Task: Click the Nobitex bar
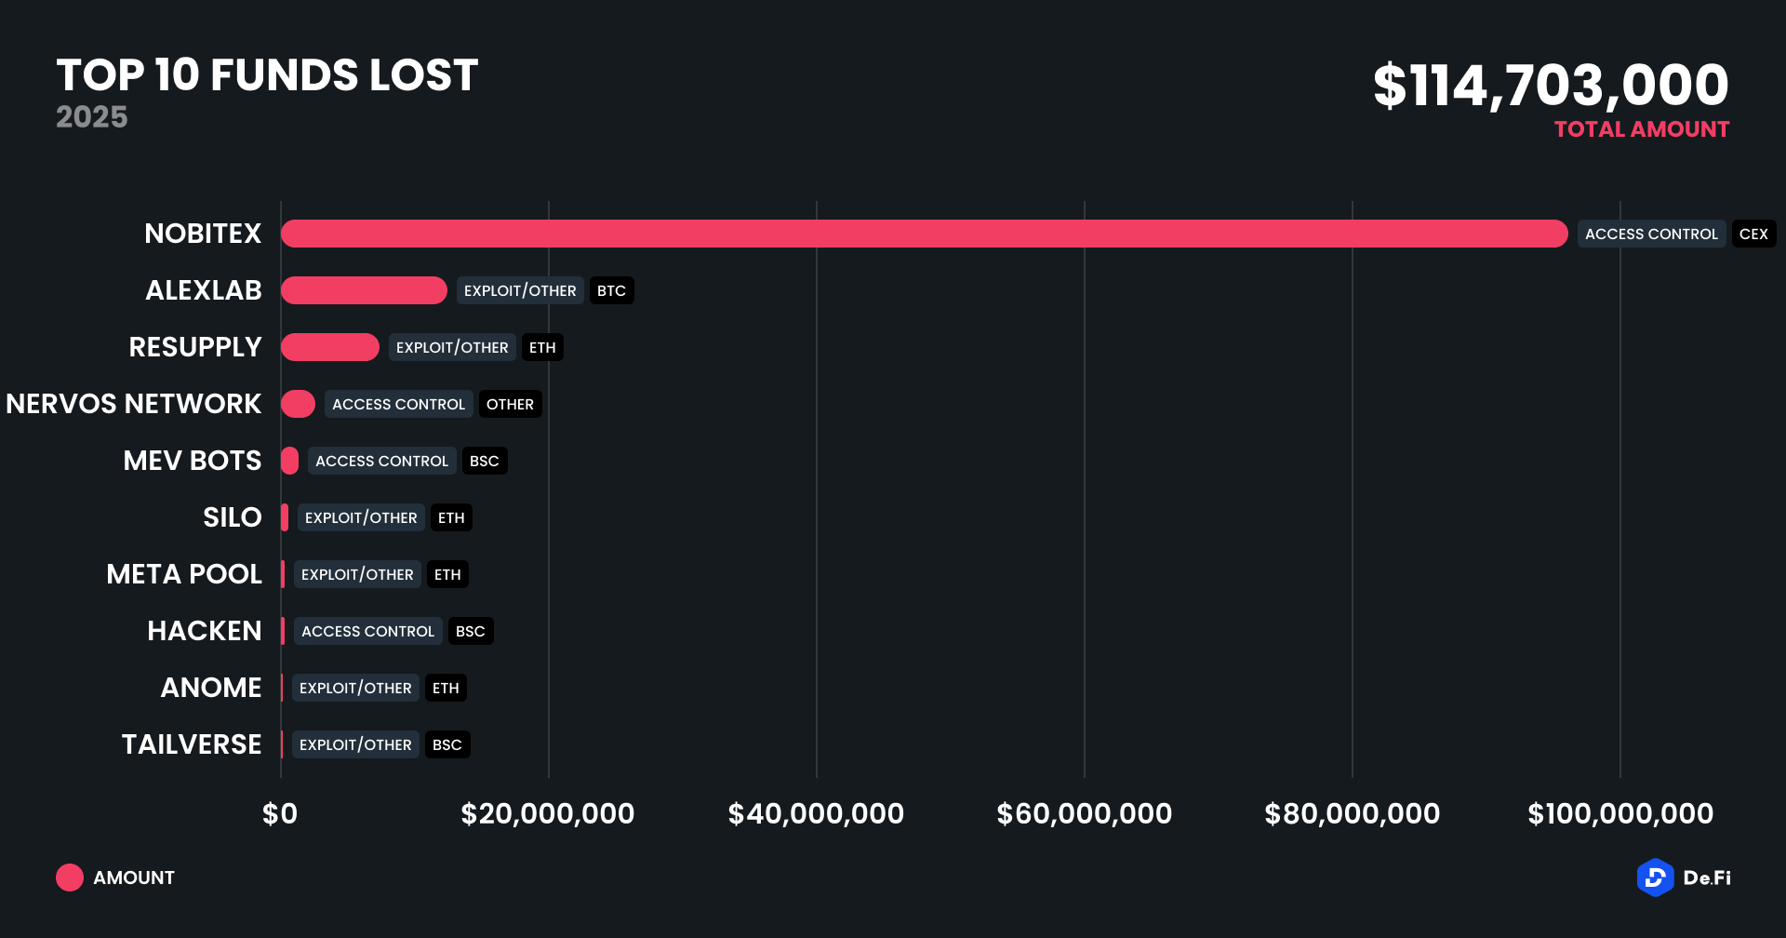tap(924, 234)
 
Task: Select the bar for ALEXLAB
tap(364, 290)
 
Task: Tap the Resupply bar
tap(329, 347)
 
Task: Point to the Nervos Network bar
tap(298, 404)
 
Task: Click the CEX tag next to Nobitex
tap(1753, 234)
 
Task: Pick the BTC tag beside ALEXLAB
tap(611, 290)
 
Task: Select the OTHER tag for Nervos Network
tap(510, 404)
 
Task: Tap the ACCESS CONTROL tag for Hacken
tap(367, 631)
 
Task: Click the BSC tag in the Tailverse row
tap(446, 744)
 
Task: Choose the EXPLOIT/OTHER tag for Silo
tap(361, 517)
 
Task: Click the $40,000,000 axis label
tap(816, 814)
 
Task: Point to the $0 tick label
tap(280, 814)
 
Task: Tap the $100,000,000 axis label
tap(1619, 814)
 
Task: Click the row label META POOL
tap(184, 574)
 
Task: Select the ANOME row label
tap(211, 688)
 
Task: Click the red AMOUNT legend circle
tap(70, 878)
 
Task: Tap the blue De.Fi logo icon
tap(1655, 878)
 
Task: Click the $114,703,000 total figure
tap(1551, 86)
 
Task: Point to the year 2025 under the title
tap(91, 117)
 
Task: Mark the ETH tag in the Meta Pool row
tap(447, 574)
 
